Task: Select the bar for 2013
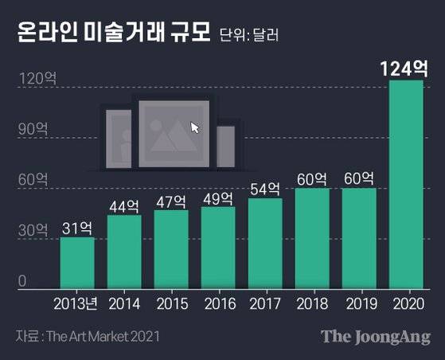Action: click(76, 262)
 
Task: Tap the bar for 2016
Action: click(217, 247)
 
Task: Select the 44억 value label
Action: click(123, 205)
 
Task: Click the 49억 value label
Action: click(217, 198)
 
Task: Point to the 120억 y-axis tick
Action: click(35, 78)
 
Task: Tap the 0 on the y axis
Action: click(23, 280)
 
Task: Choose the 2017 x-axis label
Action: click(265, 303)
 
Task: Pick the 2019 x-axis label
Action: click(359, 303)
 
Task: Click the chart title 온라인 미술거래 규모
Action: click(111, 33)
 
